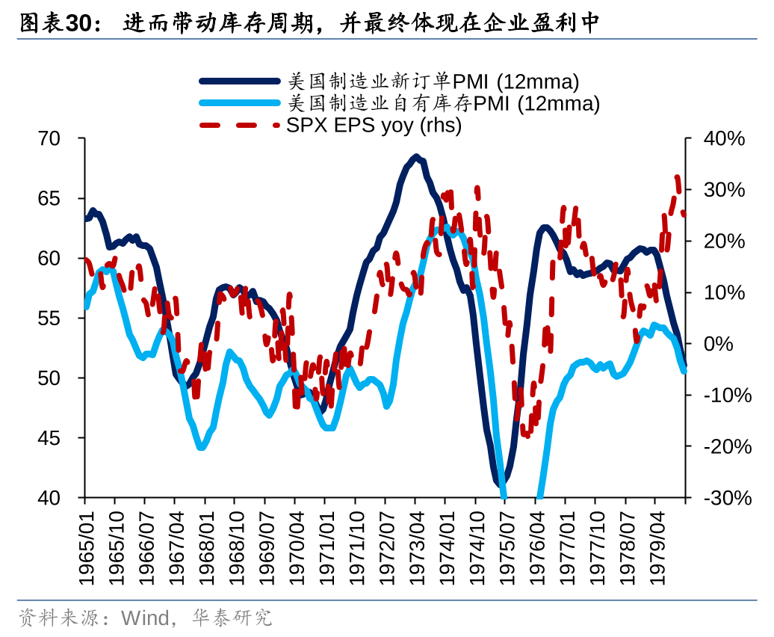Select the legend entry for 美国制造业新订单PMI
point(433,81)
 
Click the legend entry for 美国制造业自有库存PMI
point(444,103)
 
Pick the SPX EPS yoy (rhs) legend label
point(374,125)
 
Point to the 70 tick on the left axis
point(58,139)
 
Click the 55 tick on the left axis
point(58,318)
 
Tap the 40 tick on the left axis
point(58,498)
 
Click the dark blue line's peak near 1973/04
point(416,157)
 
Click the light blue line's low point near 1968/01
point(202,447)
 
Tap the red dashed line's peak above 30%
point(678,178)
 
